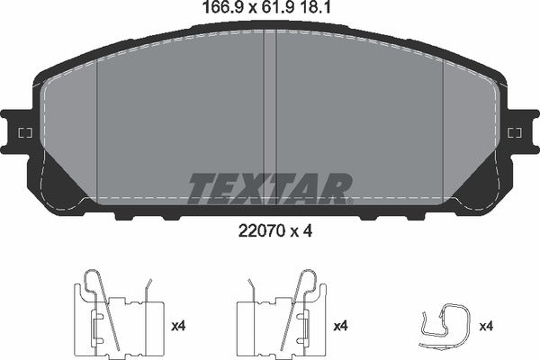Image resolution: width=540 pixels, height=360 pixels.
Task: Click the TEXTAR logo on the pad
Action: click(x=269, y=187)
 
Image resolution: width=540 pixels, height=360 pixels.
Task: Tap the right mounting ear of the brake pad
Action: click(x=519, y=133)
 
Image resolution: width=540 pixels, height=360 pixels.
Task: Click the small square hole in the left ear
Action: click(x=23, y=133)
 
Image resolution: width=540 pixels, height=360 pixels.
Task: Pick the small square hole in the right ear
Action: click(x=515, y=133)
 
